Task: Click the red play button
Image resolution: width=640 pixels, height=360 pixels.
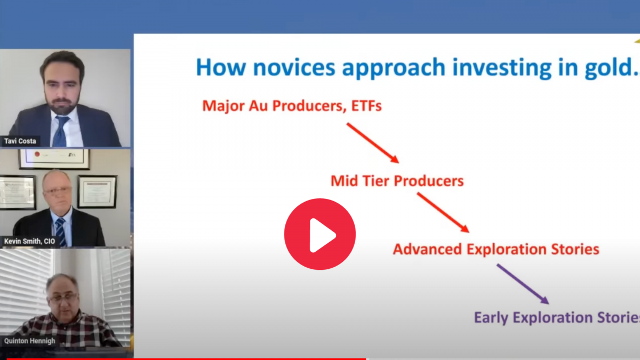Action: click(x=319, y=234)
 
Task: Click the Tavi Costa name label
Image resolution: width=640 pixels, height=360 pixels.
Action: click(x=20, y=141)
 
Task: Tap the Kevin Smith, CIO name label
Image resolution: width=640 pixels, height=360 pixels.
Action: click(x=29, y=241)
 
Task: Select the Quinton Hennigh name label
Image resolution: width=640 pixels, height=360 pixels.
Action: click(x=29, y=341)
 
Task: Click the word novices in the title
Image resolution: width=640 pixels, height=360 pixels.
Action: click(x=294, y=67)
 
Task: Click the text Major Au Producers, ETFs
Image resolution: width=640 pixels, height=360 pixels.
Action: click(x=292, y=106)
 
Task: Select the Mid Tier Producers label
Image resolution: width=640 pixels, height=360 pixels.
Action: click(x=397, y=181)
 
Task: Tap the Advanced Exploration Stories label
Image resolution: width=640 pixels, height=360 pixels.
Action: click(x=496, y=249)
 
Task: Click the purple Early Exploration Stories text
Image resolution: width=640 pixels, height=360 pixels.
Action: click(x=557, y=318)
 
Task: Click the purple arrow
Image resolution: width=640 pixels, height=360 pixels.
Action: click(x=523, y=284)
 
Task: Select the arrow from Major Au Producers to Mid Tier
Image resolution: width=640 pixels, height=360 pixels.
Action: click(x=373, y=143)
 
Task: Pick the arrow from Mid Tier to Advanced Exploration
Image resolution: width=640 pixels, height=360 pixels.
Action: click(x=443, y=213)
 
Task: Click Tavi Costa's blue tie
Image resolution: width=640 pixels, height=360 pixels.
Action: click(x=61, y=131)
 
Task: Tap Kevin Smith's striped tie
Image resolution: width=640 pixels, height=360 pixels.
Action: click(x=61, y=231)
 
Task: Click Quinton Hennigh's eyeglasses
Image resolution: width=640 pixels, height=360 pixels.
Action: click(x=63, y=298)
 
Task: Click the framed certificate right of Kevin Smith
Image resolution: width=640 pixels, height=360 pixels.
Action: click(x=97, y=191)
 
